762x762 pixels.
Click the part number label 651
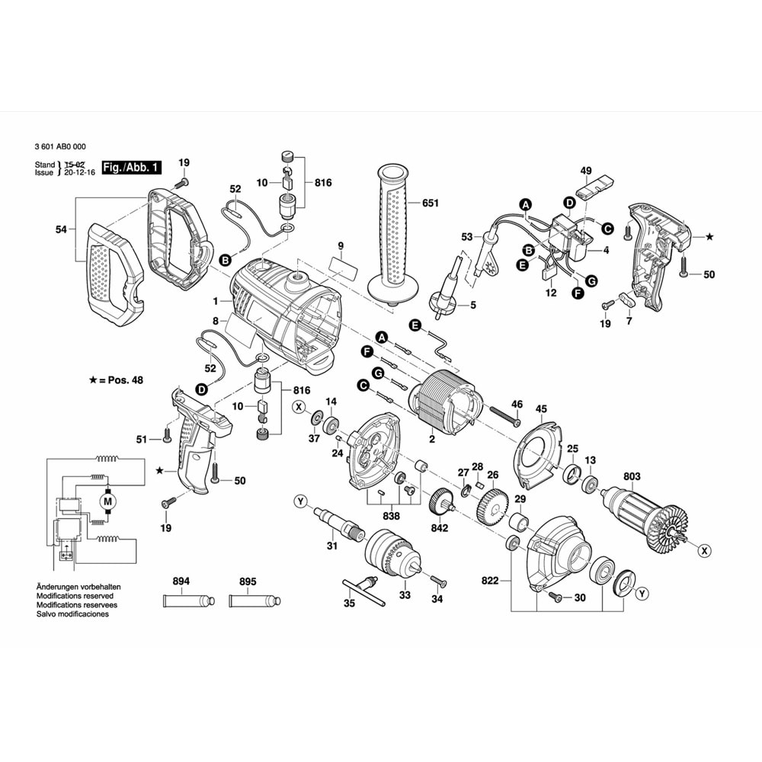pos(431,203)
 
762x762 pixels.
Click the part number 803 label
pos(632,477)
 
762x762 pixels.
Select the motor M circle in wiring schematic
pos(107,501)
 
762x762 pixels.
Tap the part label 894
pos(181,581)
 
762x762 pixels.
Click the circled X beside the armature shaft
pos(703,549)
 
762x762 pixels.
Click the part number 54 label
pos(62,229)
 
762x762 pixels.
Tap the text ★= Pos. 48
pos(116,379)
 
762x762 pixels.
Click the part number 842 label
pos(440,527)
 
